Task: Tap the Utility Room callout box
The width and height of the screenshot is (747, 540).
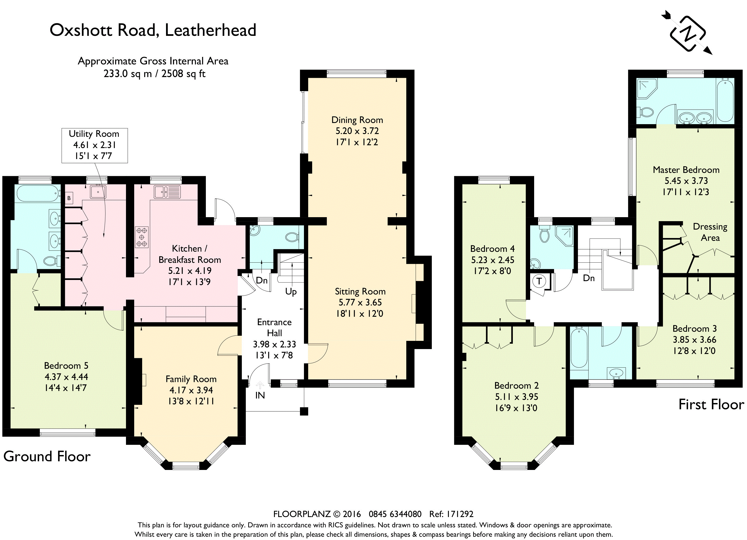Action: pyautogui.click(x=95, y=145)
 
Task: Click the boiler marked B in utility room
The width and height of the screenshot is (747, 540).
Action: pyautogui.click(x=69, y=198)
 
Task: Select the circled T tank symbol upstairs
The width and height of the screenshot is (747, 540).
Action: pyautogui.click(x=539, y=281)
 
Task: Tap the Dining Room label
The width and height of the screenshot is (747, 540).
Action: pyautogui.click(x=357, y=120)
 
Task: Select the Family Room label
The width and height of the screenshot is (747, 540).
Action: pyautogui.click(x=191, y=379)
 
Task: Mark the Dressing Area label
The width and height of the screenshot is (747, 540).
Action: pyautogui.click(x=710, y=232)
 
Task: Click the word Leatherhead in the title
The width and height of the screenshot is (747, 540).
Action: pyautogui.click(x=211, y=30)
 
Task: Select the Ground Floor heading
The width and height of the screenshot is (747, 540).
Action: pyautogui.click(x=47, y=456)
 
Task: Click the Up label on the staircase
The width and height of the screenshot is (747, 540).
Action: pyautogui.click(x=291, y=292)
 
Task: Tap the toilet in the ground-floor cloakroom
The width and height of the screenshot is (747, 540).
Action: pyautogui.click(x=292, y=237)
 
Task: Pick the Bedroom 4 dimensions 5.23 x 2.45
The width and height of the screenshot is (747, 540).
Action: pyautogui.click(x=492, y=260)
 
